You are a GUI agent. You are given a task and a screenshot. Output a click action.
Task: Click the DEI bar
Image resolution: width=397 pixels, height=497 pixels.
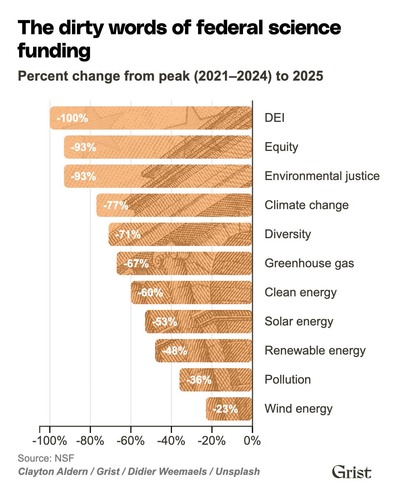pyautogui.click(x=151, y=118)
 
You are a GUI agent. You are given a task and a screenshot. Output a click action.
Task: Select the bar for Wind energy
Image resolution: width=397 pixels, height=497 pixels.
pyautogui.click(x=229, y=409)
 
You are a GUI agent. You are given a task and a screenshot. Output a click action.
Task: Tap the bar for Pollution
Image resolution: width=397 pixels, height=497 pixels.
pyautogui.click(x=216, y=380)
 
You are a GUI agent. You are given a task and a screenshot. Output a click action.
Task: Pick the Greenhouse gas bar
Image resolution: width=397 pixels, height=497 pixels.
pyautogui.click(x=185, y=264)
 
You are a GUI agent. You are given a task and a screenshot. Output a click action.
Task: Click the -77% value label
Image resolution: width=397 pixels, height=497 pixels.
pyautogui.click(x=116, y=205)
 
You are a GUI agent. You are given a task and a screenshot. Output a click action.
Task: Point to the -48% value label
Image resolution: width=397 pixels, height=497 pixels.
pyautogui.click(x=175, y=351)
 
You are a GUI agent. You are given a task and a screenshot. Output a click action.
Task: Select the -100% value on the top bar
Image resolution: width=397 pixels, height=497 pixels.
pyautogui.click(x=72, y=119)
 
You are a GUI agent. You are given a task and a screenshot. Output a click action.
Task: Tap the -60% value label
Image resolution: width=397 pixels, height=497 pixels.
pyautogui.click(x=150, y=293)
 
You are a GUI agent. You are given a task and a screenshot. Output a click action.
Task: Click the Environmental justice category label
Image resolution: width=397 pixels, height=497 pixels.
pyautogui.click(x=322, y=176)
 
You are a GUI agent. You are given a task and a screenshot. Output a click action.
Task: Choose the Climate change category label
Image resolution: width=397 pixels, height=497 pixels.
pyautogui.click(x=307, y=205)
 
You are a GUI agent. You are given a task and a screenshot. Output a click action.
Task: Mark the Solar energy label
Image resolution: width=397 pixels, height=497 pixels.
pyautogui.click(x=299, y=321)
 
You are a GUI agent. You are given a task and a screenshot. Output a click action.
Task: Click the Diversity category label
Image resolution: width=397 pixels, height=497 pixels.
pyautogui.click(x=288, y=234)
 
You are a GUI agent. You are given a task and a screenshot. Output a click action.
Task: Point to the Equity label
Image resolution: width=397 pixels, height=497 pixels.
pyautogui.click(x=281, y=147)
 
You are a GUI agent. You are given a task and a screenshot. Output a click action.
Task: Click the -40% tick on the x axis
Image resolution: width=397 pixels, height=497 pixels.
pyautogui.click(x=171, y=441)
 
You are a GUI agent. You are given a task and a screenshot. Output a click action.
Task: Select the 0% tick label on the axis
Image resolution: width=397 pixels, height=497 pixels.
pyautogui.click(x=252, y=441)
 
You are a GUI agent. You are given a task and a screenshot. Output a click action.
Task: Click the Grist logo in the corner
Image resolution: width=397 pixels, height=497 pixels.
pyautogui.click(x=351, y=472)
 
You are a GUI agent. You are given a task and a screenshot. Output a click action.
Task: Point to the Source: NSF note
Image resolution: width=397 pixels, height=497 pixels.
pyautogui.click(x=46, y=458)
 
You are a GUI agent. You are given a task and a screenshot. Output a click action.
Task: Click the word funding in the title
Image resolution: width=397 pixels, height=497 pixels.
pyautogui.click(x=54, y=51)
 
